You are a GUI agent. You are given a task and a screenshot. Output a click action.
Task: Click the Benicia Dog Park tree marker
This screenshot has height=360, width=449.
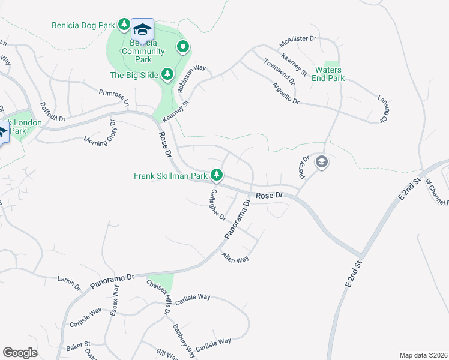point(124,25)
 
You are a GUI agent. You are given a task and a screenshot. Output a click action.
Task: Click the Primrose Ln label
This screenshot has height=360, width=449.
point(114,97)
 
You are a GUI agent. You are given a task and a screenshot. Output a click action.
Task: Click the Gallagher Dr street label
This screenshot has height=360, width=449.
point(216,205)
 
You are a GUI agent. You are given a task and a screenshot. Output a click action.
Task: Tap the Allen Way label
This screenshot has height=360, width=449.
point(235,258)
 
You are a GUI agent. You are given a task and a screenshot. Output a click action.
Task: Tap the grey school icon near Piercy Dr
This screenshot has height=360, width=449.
point(322,162)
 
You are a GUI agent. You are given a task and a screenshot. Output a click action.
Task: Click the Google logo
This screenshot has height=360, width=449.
point(20,353)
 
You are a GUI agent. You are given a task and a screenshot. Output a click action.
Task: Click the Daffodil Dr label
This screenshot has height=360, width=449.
point(52,113)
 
